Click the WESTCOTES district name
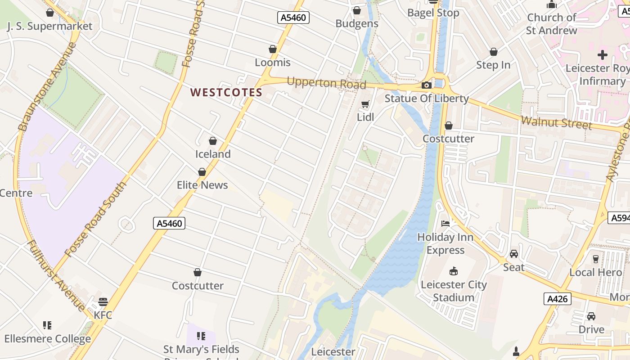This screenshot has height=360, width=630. click(226, 93)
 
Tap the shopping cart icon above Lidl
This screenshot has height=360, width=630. click(365, 104)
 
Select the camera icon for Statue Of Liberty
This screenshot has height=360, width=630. click(426, 85)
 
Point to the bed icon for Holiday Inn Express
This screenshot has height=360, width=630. click(445, 223)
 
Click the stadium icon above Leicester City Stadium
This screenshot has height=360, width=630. click(454, 271)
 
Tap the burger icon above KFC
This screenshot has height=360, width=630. click(103, 301)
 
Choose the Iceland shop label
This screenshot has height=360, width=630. click(213, 154)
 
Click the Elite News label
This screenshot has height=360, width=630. click(202, 185)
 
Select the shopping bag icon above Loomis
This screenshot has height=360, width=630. click(273, 49)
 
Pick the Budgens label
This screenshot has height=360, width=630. click(357, 24)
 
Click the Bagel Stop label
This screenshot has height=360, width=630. click(433, 13)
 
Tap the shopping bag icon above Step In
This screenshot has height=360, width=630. click(494, 52)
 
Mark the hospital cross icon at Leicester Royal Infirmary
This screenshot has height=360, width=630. click(602, 55)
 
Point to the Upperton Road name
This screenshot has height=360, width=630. click(326, 83)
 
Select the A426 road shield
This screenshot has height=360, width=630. click(557, 299)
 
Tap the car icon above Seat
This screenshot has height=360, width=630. click(514, 254)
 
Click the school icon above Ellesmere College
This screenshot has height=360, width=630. click(47, 325)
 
